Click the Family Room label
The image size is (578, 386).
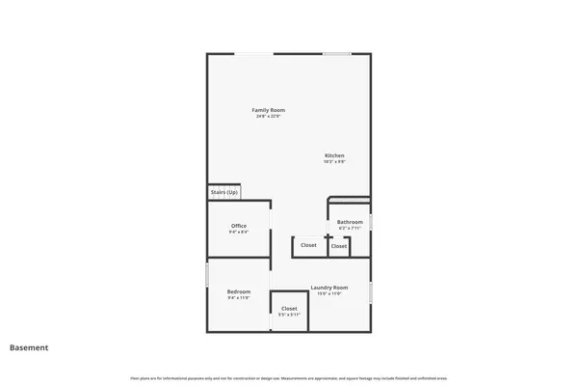[268, 110]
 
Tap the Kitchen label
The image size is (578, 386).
[334, 155]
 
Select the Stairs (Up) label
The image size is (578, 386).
[224, 192]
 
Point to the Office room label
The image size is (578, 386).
[238, 226]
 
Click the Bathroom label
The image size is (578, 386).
[350, 222]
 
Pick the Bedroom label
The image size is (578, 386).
[238, 291]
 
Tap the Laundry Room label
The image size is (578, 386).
[328, 288]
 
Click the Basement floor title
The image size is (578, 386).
[29, 347]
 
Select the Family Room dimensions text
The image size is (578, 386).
[268, 117]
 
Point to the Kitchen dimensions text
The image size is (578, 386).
[334, 162]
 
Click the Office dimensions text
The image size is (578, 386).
[238, 233]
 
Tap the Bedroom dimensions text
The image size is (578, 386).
[238, 298]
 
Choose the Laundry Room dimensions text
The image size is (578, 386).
[328, 294]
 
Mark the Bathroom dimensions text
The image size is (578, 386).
[350, 229]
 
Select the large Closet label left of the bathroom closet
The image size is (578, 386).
[308, 245]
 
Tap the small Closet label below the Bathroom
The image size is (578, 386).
[339, 246]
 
